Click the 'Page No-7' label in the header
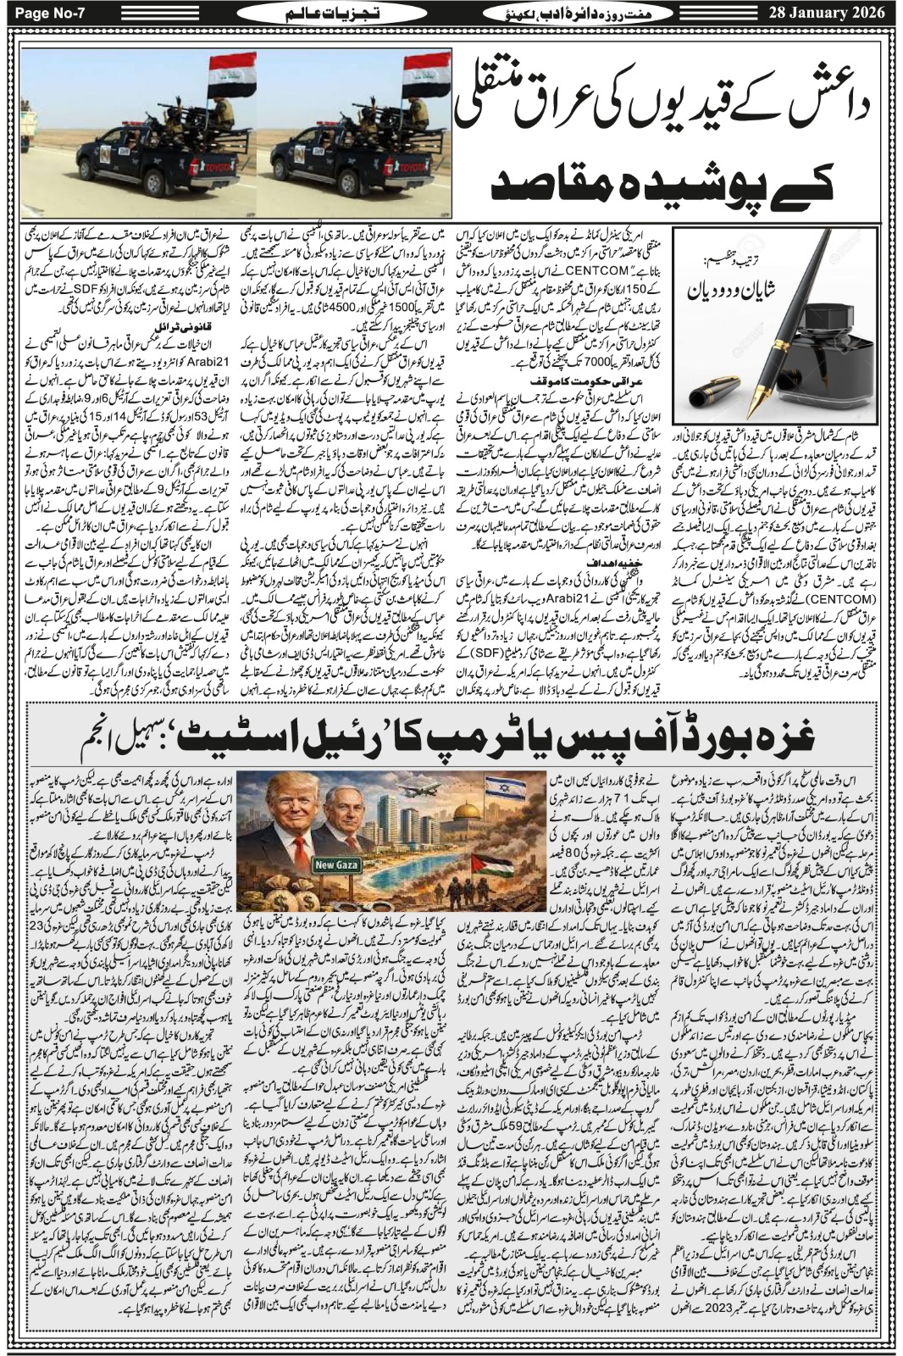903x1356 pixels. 43,13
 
